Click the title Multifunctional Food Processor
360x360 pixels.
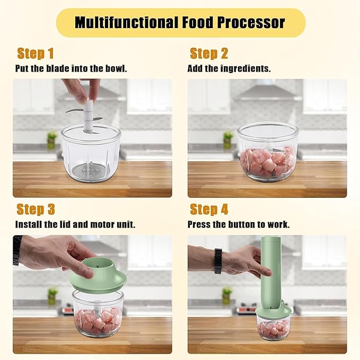coord(180,23)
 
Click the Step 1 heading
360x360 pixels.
coord(36,53)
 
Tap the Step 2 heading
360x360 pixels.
coord(209,53)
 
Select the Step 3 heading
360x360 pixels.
coord(36,209)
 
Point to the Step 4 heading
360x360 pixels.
coord(209,209)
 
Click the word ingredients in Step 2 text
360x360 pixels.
coord(245,68)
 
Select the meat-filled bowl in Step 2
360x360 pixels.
coord(267,154)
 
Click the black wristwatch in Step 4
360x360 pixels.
coord(218,261)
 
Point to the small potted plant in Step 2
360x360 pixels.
coord(228,139)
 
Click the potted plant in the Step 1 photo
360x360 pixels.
coord(51,139)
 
